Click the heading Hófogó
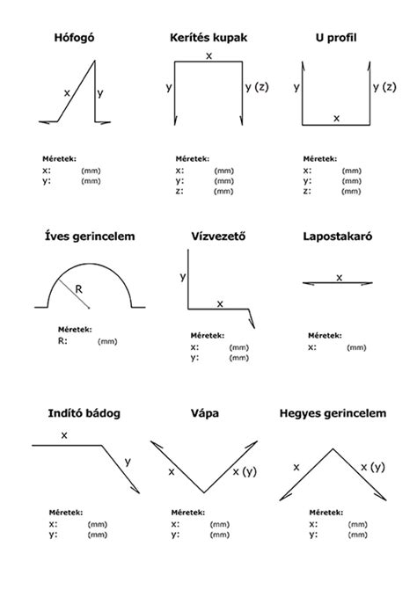pos(74,38)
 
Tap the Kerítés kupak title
pos(208,38)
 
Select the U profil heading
pos(336,38)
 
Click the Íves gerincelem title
pos(90,237)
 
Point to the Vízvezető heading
pos(218,237)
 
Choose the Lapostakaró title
pos(338,237)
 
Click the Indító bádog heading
pos(84,413)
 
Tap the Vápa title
pos(205,413)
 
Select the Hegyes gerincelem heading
pos(333,413)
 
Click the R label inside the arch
pos(78,289)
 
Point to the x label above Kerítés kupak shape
pos(208,56)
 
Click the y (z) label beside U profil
pos(384,87)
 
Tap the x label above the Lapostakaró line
pos(339,278)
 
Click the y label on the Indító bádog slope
pos(128,462)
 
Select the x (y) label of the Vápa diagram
pos(245,471)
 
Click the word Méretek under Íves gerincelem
pos(75,330)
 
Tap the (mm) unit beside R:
pos(107,342)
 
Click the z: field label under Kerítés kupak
pos(179,191)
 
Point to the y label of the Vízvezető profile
pos(183,277)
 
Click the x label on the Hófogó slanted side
pos(67,93)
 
